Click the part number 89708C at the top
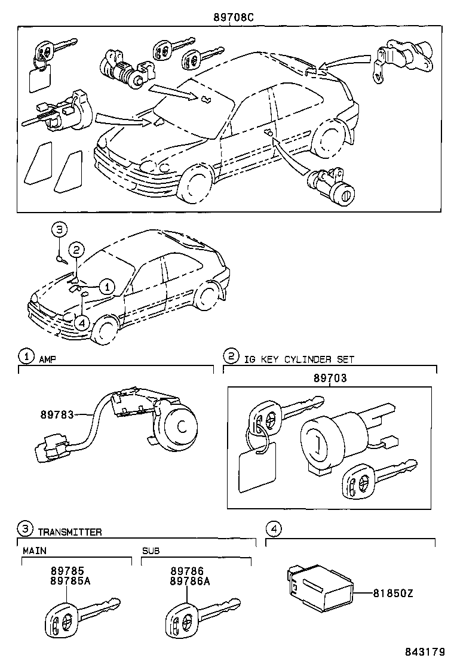click(x=234, y=17)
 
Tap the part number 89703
click(x=330, y=378)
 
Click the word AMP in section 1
click(x=47, y=359)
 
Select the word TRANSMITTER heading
click(x=70, y=531)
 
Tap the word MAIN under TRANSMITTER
click(x=35, y=550)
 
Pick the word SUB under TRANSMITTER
click(x=151, y=550)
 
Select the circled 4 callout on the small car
click(x=82, y=321)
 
